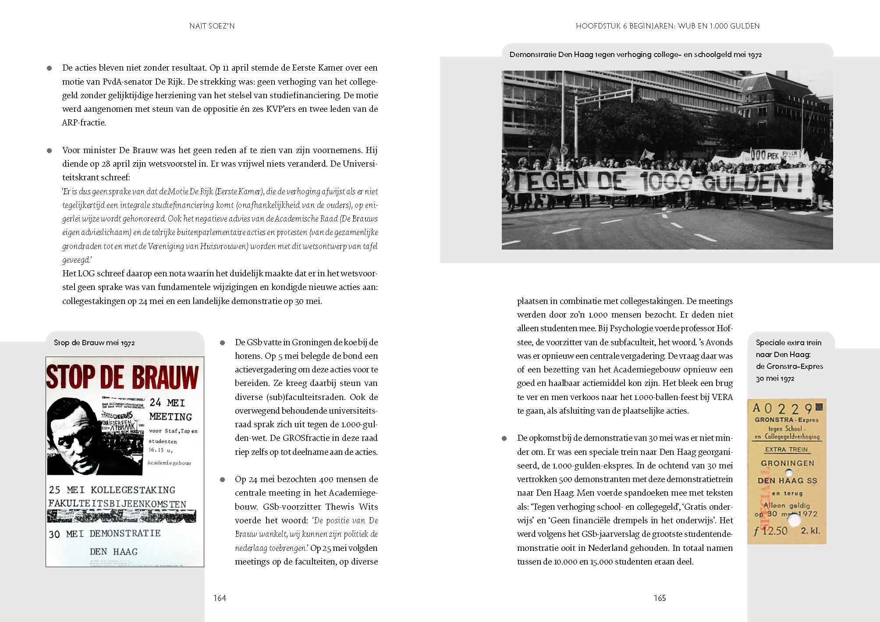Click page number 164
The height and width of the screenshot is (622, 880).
coord(220,598)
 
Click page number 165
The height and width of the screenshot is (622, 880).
coord(660,598)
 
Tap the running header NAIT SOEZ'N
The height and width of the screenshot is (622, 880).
coord(212,26)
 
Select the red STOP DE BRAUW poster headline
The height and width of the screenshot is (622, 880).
coord(122,377)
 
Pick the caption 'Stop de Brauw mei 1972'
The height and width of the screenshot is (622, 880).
coord(94,343)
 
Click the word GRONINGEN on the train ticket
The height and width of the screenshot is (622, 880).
coord(788,463)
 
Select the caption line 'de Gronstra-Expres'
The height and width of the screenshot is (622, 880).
coord(789,366)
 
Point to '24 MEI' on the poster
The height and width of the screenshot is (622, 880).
coord(167,403)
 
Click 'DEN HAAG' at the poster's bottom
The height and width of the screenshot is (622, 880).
coord(114,551)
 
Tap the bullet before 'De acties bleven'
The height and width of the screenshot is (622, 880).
coord(50,68)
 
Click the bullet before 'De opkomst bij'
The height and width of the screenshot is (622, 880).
coord(504,438)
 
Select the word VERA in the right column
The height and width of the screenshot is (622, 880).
coord(722,397)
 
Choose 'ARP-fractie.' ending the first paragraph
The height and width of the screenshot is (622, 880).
coord(84,122)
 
